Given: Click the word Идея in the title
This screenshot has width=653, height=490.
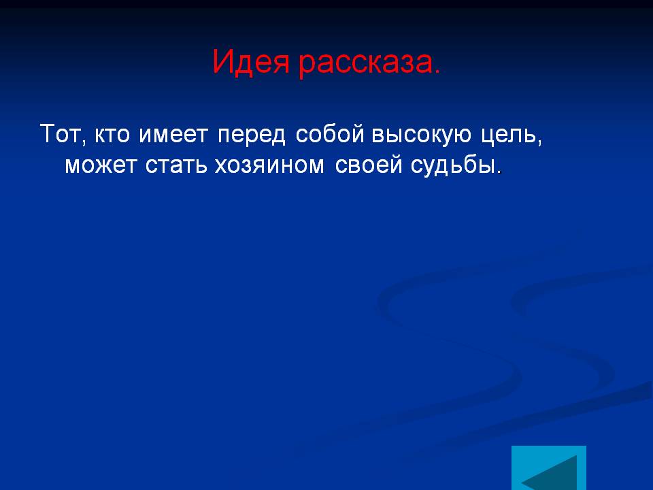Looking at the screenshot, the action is pos(251,63).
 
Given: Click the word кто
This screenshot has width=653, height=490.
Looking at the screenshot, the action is pos(112,135).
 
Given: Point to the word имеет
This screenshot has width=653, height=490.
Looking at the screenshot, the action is pos(173,135).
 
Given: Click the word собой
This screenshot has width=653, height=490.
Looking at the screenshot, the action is pos(330,133).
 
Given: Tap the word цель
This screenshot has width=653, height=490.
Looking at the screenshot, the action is pos(509,135).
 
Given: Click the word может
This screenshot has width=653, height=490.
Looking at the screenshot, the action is pos(101,165).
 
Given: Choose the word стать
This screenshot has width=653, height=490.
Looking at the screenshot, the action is pos(176,165).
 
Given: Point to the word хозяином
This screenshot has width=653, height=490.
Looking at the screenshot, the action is pos(269,165).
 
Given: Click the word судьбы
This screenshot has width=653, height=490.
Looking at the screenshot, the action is pos(454,165).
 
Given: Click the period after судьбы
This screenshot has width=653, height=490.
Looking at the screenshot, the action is pos(500,171).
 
